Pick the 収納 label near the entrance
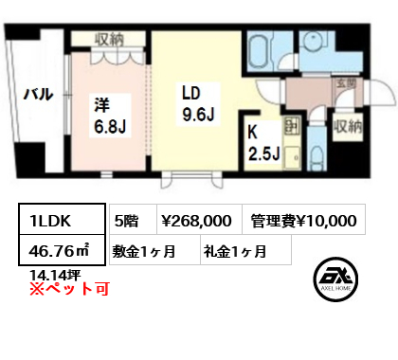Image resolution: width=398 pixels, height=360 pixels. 348,125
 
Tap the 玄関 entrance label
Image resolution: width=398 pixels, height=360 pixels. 344,82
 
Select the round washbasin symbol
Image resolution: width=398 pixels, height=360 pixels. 314,40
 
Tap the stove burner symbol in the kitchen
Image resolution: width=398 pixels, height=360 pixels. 290,127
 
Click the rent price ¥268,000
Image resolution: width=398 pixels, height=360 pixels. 193,221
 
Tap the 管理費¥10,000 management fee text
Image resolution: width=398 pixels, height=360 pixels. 304,221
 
